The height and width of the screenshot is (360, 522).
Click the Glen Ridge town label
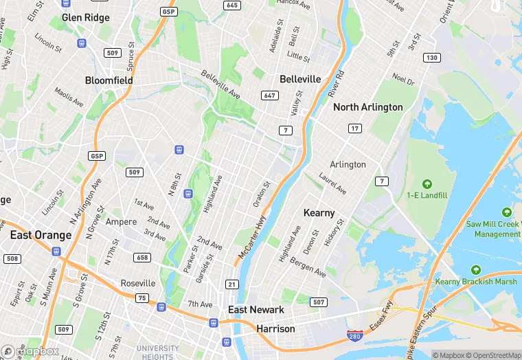click(86, 17)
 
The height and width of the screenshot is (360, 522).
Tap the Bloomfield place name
click(109, 80)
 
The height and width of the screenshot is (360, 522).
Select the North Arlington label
click(367, 107)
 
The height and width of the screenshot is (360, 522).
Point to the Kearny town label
click(319, 212)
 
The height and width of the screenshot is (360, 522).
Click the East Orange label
click(41, 235)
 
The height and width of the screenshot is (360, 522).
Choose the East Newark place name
click(256, 310)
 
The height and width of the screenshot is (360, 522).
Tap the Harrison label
click(275, 329)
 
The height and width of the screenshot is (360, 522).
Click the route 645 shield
click(232, 5)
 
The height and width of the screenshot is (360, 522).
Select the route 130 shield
click(431, 57)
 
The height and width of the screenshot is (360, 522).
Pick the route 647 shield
click(270, 95)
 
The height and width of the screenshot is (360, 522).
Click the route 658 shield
click(142, 257)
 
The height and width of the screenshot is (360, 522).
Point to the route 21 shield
click(232, 284)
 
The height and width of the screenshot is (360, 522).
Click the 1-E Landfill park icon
click(427, 184)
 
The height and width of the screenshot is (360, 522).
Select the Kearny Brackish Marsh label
click(475, 282)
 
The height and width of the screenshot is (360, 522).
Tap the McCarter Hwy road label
click(251, 238)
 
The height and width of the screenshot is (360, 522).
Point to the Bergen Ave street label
click(307, 268)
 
